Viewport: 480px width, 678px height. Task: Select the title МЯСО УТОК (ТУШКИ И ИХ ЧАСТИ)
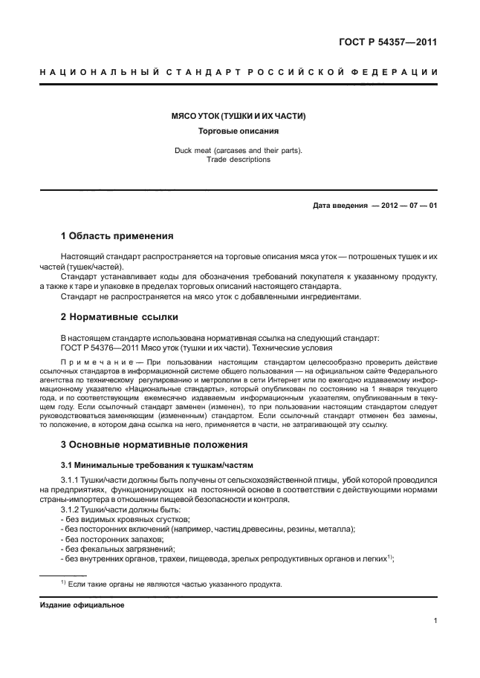pyautogui.click(x=239, y=117)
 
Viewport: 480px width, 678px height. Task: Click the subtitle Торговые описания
pyautogui.click(x=239, y=131)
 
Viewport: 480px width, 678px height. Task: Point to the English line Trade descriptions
pyautogui.click(x=239, y=159)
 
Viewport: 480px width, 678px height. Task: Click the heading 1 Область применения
pyautogui.click(x=117, y=236)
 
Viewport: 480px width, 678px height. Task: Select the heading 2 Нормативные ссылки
pyautogui.click(x=119, y=316)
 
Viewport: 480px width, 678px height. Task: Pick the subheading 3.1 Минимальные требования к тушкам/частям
pyautogui.click(x=157, y=465)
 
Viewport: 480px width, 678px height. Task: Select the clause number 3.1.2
pyautogui.click(x=72, y=509)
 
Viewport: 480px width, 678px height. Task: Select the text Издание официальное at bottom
pyautogui.click(x=82, y=605)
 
